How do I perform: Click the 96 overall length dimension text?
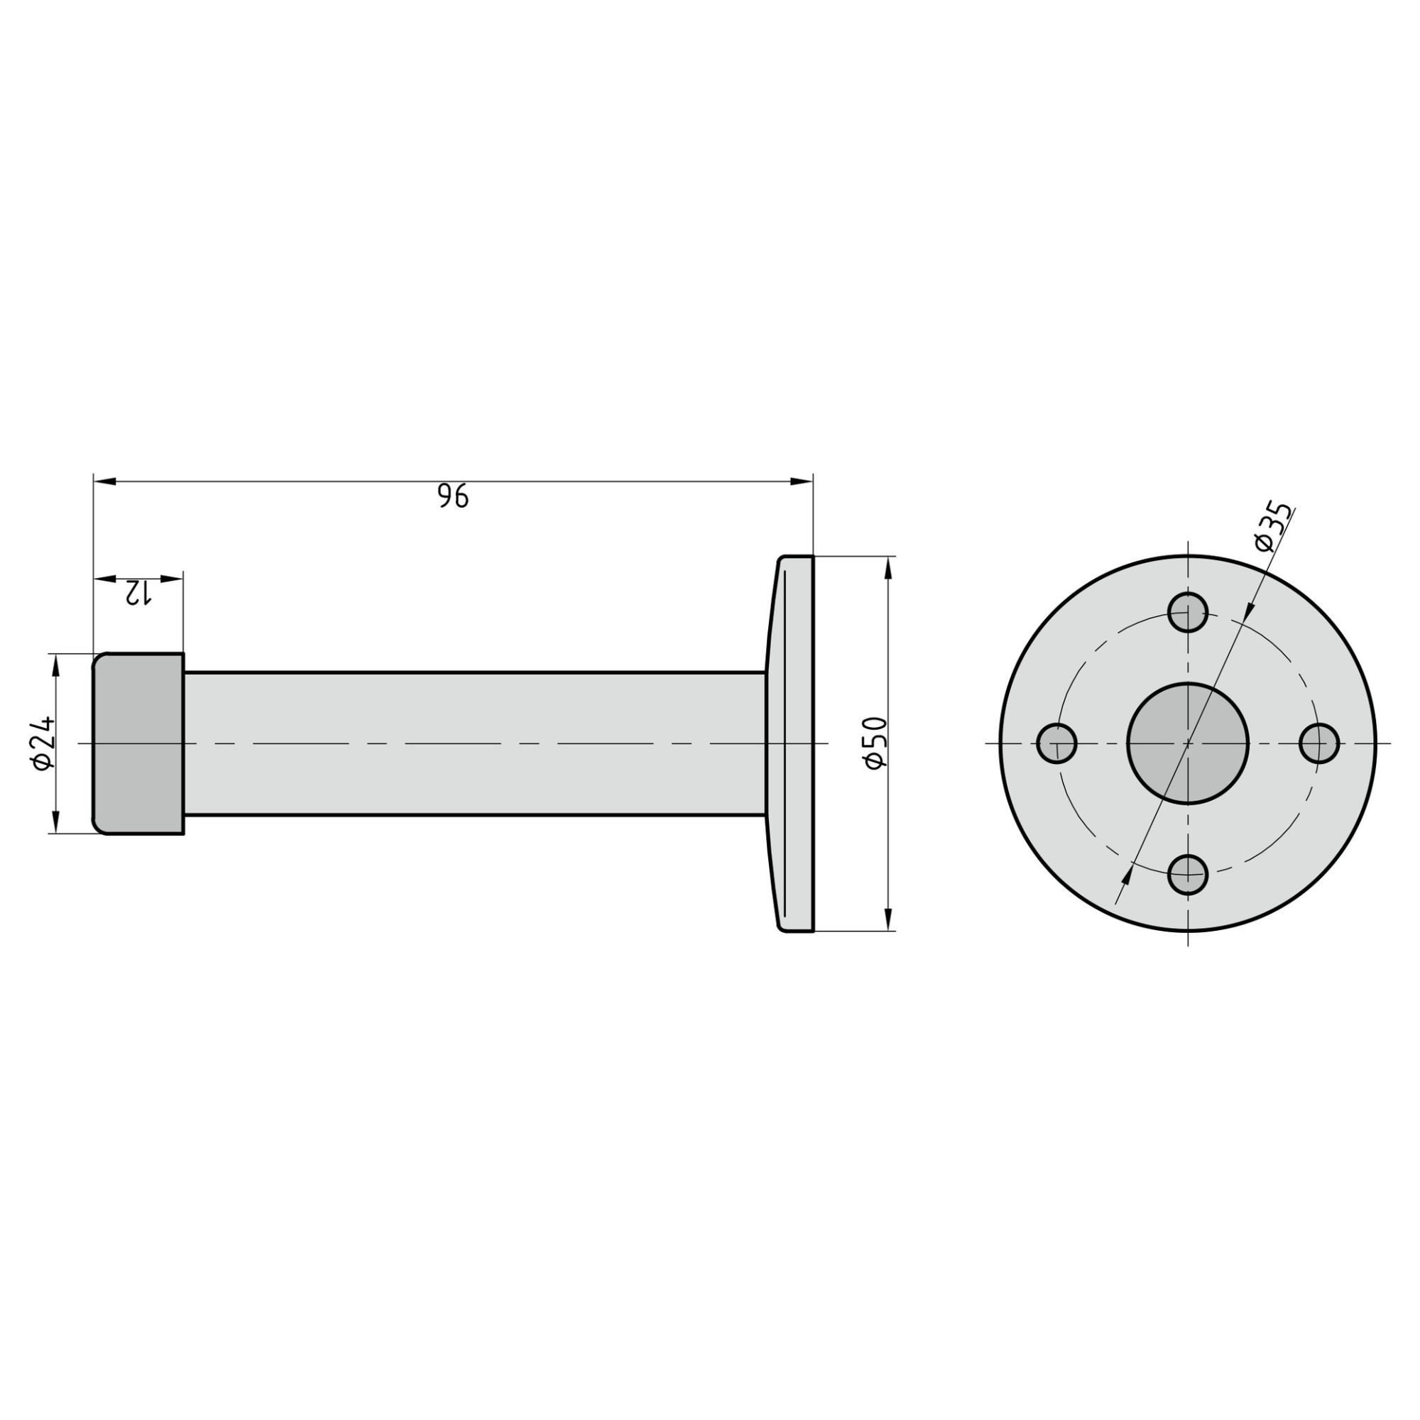(453, 496)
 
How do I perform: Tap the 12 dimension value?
(137, 592)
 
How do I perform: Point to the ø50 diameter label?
(876, 743)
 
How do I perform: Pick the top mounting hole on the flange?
(1188, 612)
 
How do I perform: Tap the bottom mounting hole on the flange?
(1188, 875)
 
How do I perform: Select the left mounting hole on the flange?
(1057, 743)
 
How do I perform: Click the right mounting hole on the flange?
(1319, 743)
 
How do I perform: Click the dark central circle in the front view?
(1188, 743)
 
